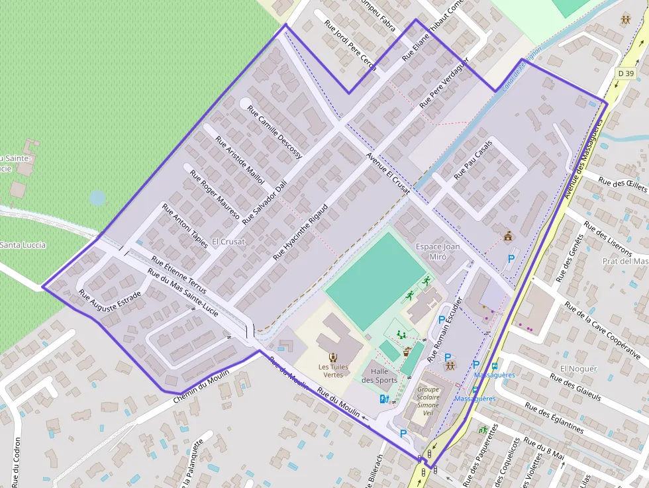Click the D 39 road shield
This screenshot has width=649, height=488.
click(x=624, y=73)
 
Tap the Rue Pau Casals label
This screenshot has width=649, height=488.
click(x=474, y=160)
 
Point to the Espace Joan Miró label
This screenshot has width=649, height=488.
click(x=438, y=252)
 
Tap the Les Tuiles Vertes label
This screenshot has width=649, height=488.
click(x=333, y=371)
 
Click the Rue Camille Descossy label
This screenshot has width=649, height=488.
click(x=274, y=132)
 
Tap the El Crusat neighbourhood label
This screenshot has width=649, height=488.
click(x=228, y=242)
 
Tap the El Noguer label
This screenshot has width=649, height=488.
click(x=578, y=369)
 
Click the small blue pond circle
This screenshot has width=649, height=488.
click(x=97, y=197)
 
